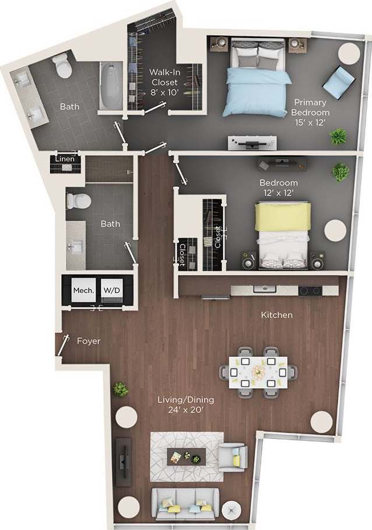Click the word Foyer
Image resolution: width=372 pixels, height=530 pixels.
89,341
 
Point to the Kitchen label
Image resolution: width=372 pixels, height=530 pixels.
276,315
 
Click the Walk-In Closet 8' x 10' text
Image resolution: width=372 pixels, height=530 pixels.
164,82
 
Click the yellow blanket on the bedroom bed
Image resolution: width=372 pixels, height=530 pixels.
283,217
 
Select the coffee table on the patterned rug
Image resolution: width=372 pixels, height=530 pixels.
187,455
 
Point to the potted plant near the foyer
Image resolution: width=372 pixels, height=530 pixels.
121,389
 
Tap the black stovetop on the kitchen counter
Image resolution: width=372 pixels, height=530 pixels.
309,290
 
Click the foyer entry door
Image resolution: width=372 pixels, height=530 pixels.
61,344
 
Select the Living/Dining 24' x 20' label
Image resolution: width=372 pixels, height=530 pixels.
186,405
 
